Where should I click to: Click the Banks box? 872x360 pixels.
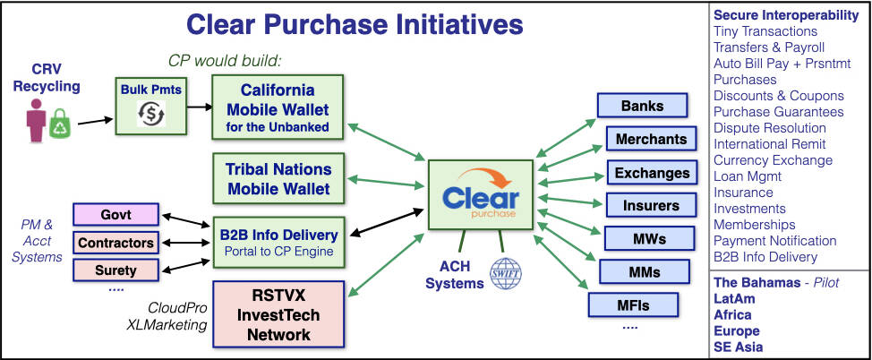pyautogui.click(x=642, y=106)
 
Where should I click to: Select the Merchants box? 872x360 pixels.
pyautogui.click(x=652, y=139)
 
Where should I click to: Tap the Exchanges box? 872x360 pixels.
pyautogui.click(x=652, y=172)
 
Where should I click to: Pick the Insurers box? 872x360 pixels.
pyautogui.click(x=651, y=205)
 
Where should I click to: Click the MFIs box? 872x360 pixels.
pyautogui.click(x=631, y=305)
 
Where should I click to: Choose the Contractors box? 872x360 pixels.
pyautogui.click(x=115, y=242)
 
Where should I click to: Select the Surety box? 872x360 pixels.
pyautogui.click(x=115, y=269)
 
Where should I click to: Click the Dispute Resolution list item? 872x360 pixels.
pyautogui.click(x=769, y=128)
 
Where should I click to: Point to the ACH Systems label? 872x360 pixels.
pyautogui.click(x=455, y=275)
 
